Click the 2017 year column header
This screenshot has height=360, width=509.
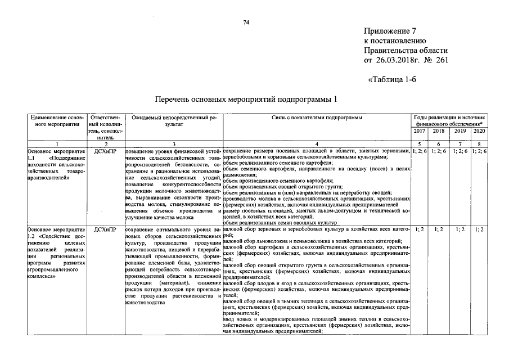pyautogui.click(x=419, y=130)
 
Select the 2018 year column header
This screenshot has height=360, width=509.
pyautogui.click(x=438, y=130)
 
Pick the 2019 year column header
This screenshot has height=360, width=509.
pyautogui.click(x=460, y=130)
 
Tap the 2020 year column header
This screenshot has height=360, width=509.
pyautogui.click(x=479, y=130)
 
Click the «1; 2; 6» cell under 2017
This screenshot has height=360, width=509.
pyautogui.click(x=420, y=151)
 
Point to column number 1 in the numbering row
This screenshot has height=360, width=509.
pyautogui.click(x=56, y=145)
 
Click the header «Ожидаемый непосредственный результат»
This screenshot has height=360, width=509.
pyautogui.click(x=173, y=120)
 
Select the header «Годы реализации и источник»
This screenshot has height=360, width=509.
pyautogui.click(x=449, y=118)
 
